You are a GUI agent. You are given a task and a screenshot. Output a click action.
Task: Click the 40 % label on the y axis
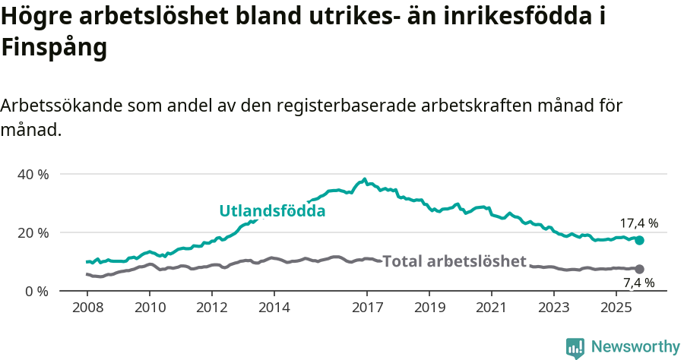click(33, 175)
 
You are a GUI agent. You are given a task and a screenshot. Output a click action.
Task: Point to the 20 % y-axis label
click(33, 232)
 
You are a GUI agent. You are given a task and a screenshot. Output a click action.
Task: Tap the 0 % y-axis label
click(36, 291)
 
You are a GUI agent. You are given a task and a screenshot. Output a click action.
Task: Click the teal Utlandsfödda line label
click(272, 211)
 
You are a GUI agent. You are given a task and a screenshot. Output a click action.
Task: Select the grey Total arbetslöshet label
click(454, 261)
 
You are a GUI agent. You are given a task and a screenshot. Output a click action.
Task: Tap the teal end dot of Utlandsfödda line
click(640, 240)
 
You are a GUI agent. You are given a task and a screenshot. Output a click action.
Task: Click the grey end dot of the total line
click(640, 269)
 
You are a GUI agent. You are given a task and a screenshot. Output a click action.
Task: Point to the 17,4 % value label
click(639, 223)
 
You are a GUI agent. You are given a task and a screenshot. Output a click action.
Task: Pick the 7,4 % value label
click(639, 283)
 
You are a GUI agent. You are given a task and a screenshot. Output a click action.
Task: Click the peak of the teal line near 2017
click(365, 179)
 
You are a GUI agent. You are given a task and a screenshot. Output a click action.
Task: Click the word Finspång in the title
click(53, 47)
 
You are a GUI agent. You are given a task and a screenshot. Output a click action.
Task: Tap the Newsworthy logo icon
click(575, 347)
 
